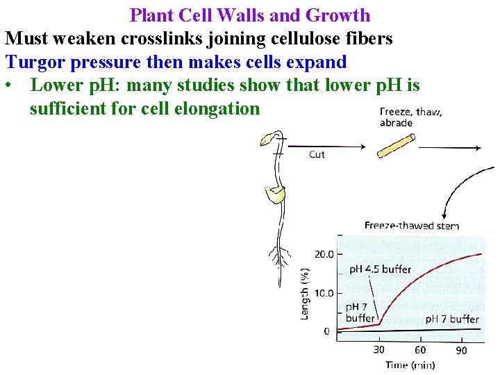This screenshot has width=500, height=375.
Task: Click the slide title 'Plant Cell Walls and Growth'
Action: tap(250, 15)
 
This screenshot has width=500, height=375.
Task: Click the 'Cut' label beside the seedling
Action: tap(317, 154)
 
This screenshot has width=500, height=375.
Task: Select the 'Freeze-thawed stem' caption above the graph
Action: tap(411, 225)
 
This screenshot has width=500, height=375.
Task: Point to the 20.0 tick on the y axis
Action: tap(324, 254)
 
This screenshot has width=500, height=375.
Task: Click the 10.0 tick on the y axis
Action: tap(324, 293)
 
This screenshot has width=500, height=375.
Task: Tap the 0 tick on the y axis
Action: tap(327, 331)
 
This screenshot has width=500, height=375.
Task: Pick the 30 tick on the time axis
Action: tap(379, 349)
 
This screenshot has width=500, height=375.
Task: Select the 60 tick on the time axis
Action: tap(420, 349)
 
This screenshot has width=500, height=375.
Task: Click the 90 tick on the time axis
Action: tap(461, 349)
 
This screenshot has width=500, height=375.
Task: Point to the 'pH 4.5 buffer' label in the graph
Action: tap(379, 269)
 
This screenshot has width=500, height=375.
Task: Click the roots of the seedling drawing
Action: tap(279, 257)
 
